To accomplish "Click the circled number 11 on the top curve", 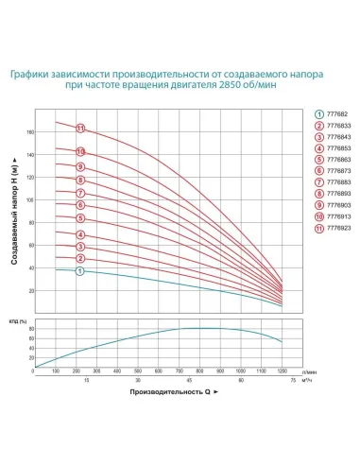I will click(80, 128).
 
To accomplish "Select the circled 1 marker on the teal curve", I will click(80, 271).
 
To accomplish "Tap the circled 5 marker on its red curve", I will click(80, 217).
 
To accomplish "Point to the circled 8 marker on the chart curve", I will click(80, 180).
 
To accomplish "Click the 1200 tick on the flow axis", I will click(282, 372).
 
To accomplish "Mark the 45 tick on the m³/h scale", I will click(189, 381).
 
